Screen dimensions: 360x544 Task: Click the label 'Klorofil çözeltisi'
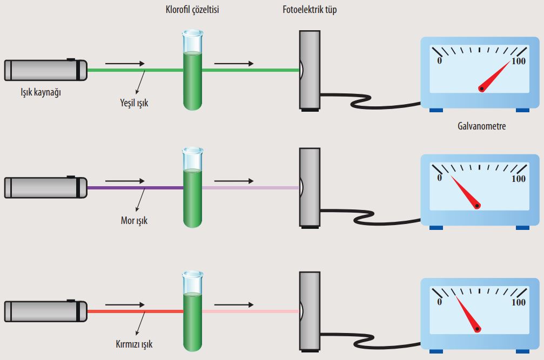pyautogui.click(x=192, y=10)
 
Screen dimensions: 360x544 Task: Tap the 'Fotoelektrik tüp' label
pyautogui.click(x=310, y=10)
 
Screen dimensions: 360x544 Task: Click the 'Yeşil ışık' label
pyautogui.click(x=133, y=103)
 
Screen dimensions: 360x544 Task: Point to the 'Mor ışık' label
pyautogui.click(x=133, y=220)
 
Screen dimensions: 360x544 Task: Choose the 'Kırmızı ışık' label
pyautogui.click(x=133, y=343)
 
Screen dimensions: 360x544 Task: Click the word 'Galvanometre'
pyautogui.click(x=481, y=127)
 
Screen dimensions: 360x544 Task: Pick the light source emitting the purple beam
pyautogui.click(x=45, y=187)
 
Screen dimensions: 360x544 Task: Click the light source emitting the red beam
pyautogui.click(x=45, y=311)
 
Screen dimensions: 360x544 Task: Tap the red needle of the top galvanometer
pyautogui.click(x=495, y=75)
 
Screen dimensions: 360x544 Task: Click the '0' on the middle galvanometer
pyautogui.click(x=440, y=178)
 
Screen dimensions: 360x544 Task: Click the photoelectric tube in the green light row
pyautogui.click(x=310, y=70)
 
